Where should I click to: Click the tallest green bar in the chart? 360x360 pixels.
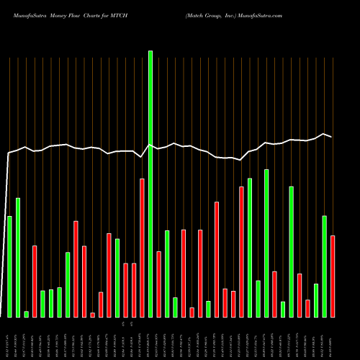(150, 184)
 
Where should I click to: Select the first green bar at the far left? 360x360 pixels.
(9, 266)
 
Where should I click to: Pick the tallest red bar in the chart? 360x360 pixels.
(143, 248)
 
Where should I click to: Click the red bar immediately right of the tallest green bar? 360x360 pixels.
(159, 284)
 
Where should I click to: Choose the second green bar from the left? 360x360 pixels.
(18, 257)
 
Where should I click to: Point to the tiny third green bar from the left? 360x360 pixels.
(26, 314)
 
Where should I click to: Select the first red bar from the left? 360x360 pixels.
(35, 281)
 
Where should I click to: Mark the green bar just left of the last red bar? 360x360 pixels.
(325, 266)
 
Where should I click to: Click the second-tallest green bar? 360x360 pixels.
(266, 243)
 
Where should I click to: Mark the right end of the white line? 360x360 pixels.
(331, 136)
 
